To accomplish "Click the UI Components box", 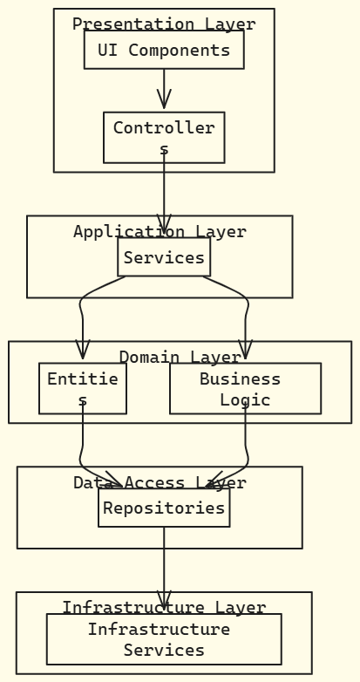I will click(x=164, y=50).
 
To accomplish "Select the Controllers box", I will click(x=164, y=137).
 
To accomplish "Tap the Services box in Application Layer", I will click(x=164, y=257).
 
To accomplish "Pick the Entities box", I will click(x=83, y=388).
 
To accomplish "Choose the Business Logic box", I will click(x=245, y=388).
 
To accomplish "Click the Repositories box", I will click(x=164, y=508).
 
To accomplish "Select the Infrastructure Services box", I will click(x=164, y=639).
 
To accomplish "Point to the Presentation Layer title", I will click(x=164, y=24).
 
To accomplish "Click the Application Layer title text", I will click(x=160, y=231).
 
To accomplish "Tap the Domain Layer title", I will click(x=180, y=357).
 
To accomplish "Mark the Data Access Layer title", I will click(x=160, y=482).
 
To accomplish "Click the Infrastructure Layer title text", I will click(x=164, y=607).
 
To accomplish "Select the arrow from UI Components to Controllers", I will click(x=164, y=88).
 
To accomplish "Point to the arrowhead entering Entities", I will click(x=83, y=351).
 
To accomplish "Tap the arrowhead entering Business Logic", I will click(x=245, y=351).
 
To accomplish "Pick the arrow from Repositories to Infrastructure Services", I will click(x=164, y=563).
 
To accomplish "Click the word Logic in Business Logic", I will click(x=245, y=399).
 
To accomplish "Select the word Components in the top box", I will click(x=180, y=50).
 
